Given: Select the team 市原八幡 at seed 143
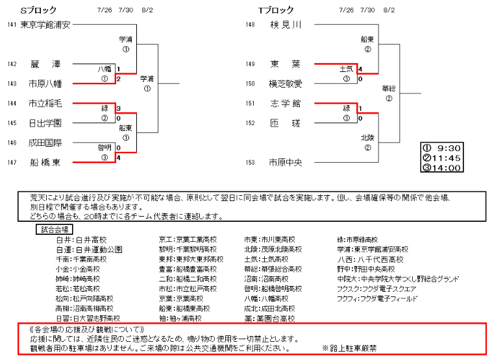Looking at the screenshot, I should coord(45,84).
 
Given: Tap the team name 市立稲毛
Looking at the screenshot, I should coord(45,103).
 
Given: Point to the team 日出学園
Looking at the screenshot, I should coord(45,123).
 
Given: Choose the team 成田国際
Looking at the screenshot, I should coord(45,143).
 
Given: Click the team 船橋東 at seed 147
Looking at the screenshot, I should coord(45,162).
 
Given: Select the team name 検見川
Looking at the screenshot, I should coord(286,25).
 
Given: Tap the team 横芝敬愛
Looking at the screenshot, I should coord(286,84).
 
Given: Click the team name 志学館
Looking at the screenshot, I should coord(286,103).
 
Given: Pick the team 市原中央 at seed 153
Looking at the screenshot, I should coord(286,162).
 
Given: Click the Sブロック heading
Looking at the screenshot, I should coord(38,10).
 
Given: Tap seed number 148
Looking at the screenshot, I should coord(250,25).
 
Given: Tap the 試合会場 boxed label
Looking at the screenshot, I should coord(54,229).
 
